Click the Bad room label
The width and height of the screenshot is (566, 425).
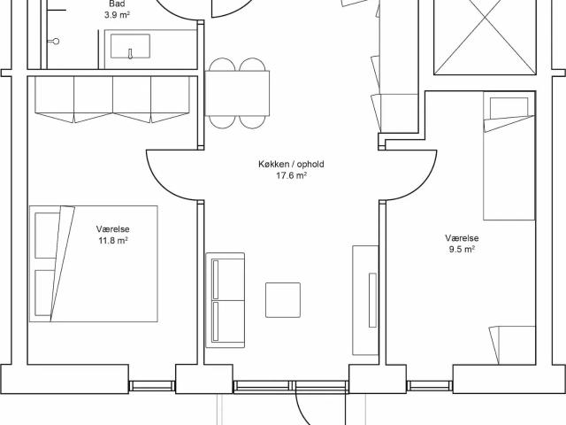117,4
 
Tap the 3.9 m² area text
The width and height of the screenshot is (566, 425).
117,15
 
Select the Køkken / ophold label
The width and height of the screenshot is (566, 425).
291,164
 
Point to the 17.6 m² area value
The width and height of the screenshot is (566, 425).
291,175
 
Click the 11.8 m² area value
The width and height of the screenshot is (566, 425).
113,240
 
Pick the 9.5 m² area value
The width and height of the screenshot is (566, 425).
462,250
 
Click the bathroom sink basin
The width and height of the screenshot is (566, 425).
130,46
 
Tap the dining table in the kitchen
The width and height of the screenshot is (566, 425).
237,93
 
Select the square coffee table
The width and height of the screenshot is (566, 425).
283,300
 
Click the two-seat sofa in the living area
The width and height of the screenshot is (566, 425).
226,300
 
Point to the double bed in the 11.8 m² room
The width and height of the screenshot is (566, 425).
94,264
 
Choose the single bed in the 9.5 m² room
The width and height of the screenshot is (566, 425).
509,156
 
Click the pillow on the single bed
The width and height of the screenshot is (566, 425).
509,108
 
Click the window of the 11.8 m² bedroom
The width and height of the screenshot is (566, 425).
152,386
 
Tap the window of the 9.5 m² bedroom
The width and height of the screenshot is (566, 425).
430,386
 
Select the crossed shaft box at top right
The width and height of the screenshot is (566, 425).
486,37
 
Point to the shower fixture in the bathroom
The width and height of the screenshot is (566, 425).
55,42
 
